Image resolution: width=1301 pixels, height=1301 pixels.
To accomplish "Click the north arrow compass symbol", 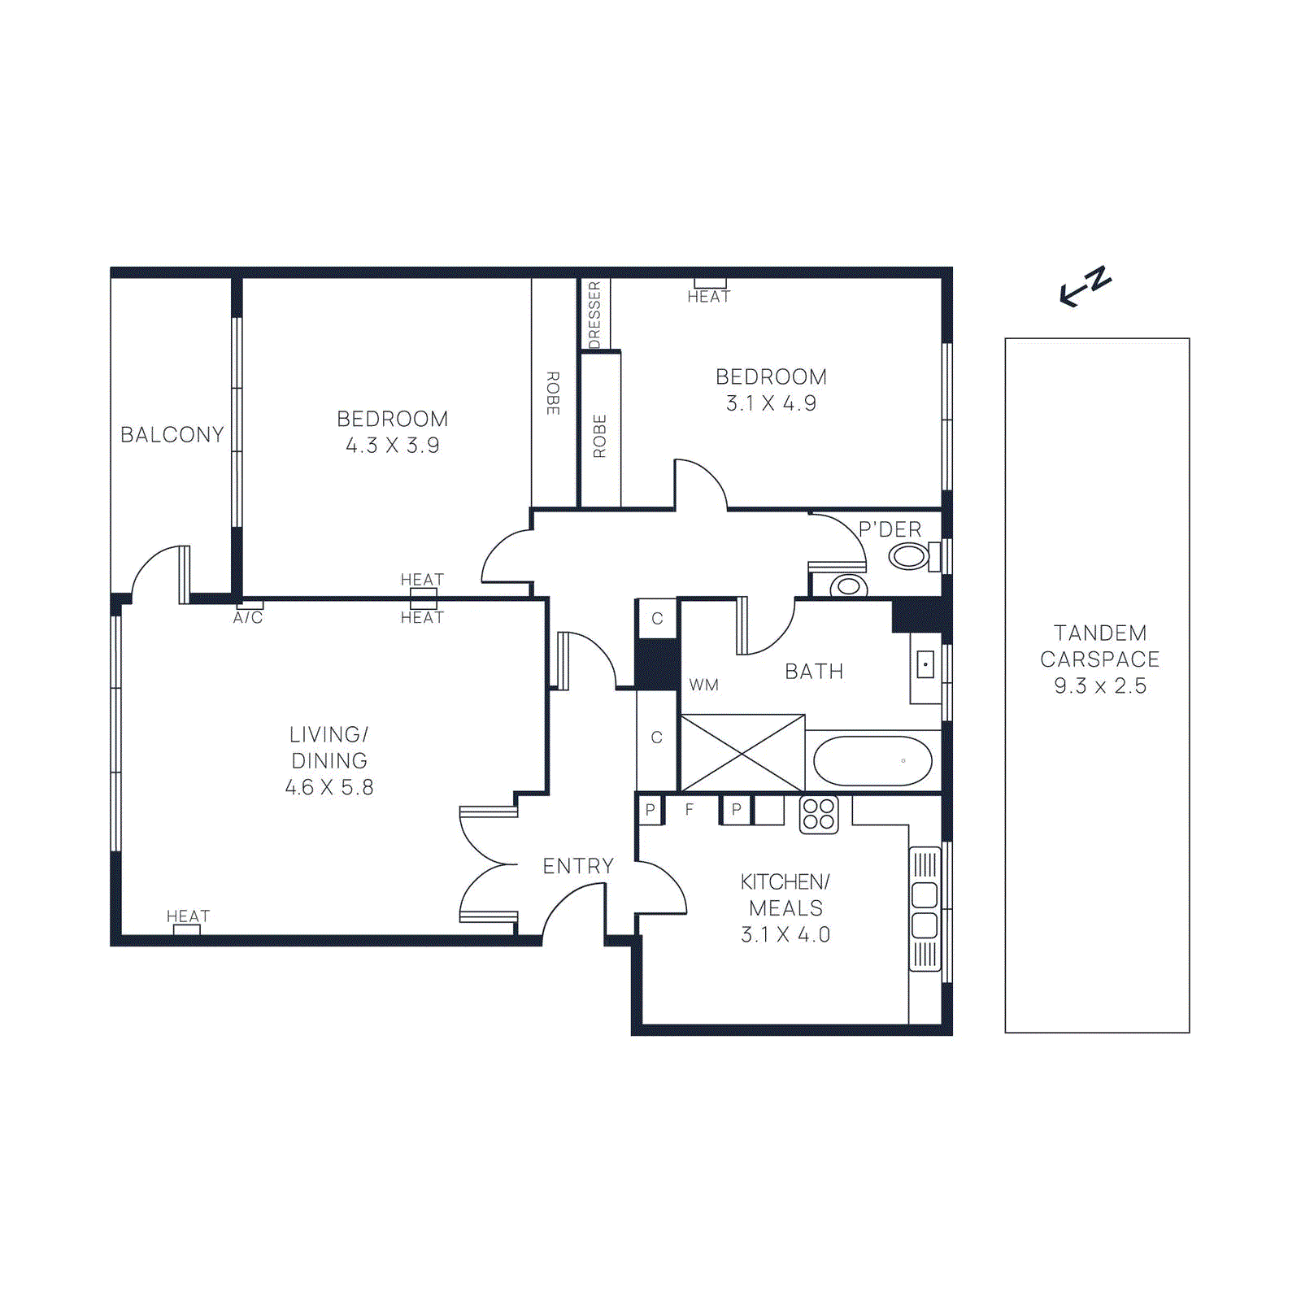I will coord(1086,286).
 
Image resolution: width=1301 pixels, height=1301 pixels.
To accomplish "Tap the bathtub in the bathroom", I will coord(872,761).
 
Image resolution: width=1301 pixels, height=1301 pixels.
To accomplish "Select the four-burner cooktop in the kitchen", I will coord(819,814).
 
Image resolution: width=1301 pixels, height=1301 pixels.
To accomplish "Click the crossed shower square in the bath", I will coord(742,753).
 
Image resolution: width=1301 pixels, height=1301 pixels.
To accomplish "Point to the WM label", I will coord(704,685).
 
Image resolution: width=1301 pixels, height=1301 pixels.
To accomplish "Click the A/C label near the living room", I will coord(248,618).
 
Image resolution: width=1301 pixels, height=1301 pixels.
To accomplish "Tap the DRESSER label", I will coord(594,315).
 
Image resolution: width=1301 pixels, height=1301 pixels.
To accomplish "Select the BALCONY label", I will coord(172,435).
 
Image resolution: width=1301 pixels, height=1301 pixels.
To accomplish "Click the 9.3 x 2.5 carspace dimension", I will coord(1100,686).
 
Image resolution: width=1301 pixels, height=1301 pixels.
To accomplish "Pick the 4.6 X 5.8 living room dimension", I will coord(329,787).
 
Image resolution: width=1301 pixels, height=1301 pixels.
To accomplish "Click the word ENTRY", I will coord(578,866).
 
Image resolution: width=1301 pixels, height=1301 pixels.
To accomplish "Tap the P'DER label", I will coord(890,529).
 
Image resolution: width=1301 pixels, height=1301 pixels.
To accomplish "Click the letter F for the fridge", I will coord(690,810).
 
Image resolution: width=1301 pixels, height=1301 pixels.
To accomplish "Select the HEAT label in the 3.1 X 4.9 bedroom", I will coord(709,297).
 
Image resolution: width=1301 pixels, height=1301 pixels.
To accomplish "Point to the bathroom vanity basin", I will coord(925,665).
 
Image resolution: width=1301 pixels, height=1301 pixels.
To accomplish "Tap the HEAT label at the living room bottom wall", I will coord(188,916).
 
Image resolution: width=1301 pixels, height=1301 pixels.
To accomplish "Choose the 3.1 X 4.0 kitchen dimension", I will coord(785,935).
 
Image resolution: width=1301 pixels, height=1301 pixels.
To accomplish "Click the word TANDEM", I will coord(1100,633).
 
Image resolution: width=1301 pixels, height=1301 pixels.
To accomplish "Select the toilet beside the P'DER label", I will coord(909,557).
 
